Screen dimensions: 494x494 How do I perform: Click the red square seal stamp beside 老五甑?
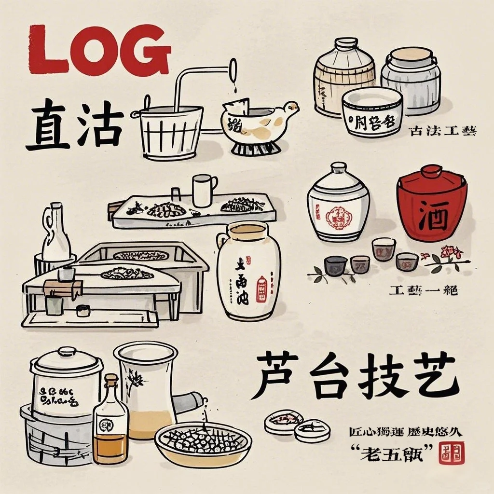(453, 453)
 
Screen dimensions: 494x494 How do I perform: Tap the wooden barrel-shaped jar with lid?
(344, 77)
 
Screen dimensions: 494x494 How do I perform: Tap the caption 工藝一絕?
(423, 290)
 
